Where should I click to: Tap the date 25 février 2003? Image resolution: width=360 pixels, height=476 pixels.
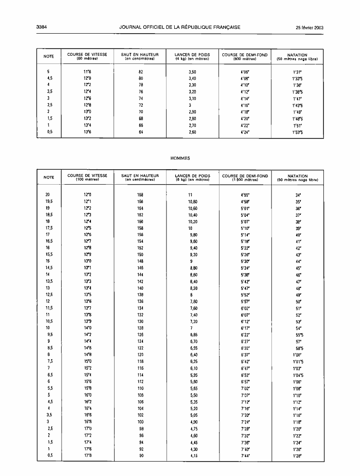tap(309, 27)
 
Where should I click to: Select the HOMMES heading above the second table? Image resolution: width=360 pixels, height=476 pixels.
tap(180, 158)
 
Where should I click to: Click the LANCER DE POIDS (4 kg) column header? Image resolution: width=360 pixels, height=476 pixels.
tap(192, 57)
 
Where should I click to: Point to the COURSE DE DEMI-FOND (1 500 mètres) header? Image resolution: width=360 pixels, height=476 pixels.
tap(245, 178)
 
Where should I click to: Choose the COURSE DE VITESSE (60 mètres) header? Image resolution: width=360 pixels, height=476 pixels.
tap(87, 57)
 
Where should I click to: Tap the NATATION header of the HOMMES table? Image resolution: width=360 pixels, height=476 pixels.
tap(297, 178)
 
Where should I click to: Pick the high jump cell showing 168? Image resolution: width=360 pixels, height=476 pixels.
tap(141, 195)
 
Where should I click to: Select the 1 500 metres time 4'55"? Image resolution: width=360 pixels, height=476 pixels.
tap(244, 195)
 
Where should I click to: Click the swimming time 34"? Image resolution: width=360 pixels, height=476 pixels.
tap(297, 195)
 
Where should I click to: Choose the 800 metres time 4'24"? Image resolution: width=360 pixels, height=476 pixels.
tap(244, 131)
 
